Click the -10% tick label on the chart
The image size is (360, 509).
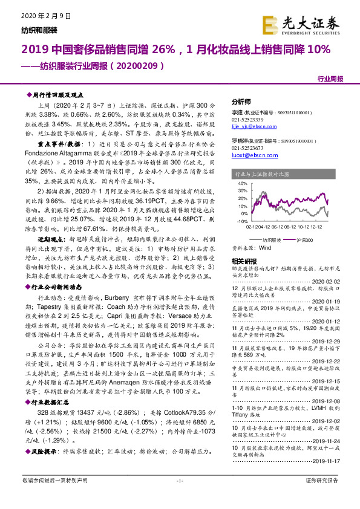click(x=240, y=222)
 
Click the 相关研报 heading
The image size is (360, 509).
click(x=245, y=262)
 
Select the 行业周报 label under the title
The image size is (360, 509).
click(x=330, y=79)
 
